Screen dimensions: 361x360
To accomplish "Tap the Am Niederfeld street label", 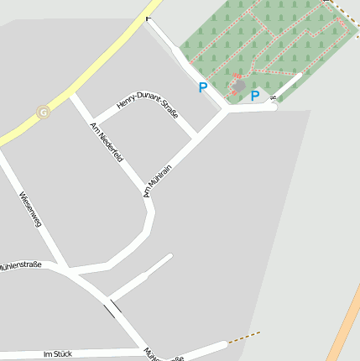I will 107,143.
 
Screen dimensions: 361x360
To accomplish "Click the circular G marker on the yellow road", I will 43,112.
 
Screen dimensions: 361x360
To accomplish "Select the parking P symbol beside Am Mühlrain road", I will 202,86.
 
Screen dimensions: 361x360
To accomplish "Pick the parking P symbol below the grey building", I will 255,97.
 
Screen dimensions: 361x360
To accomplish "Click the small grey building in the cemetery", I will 240,85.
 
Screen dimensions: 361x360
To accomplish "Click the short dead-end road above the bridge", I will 140,277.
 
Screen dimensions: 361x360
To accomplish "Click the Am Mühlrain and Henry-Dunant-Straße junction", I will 196,136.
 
